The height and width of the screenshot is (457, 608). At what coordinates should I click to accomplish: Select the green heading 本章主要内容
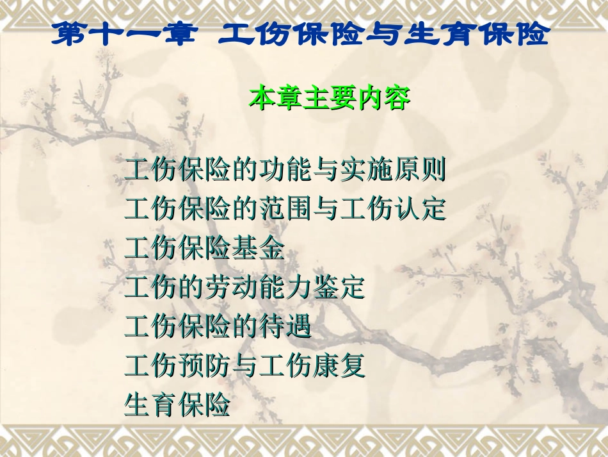[x=330, y=98]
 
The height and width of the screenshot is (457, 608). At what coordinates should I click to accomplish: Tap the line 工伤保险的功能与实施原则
[x=285, y=171]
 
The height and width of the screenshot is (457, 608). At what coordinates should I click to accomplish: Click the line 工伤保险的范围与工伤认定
[x=285, y=210]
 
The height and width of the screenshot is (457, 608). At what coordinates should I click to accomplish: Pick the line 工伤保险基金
[x=204, y=249]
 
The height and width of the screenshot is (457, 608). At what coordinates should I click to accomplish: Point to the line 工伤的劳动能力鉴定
[x=244, y=288]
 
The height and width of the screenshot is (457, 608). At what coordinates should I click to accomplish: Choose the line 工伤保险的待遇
[x=218, y=326]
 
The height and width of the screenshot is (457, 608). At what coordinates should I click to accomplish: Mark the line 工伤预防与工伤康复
[x=244, y=365]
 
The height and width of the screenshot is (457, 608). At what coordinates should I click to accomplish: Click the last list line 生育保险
[x=177, y=404]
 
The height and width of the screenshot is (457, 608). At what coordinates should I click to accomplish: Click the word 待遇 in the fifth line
[x=285, y=326]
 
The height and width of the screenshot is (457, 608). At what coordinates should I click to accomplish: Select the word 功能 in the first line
[x=285, y=171]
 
